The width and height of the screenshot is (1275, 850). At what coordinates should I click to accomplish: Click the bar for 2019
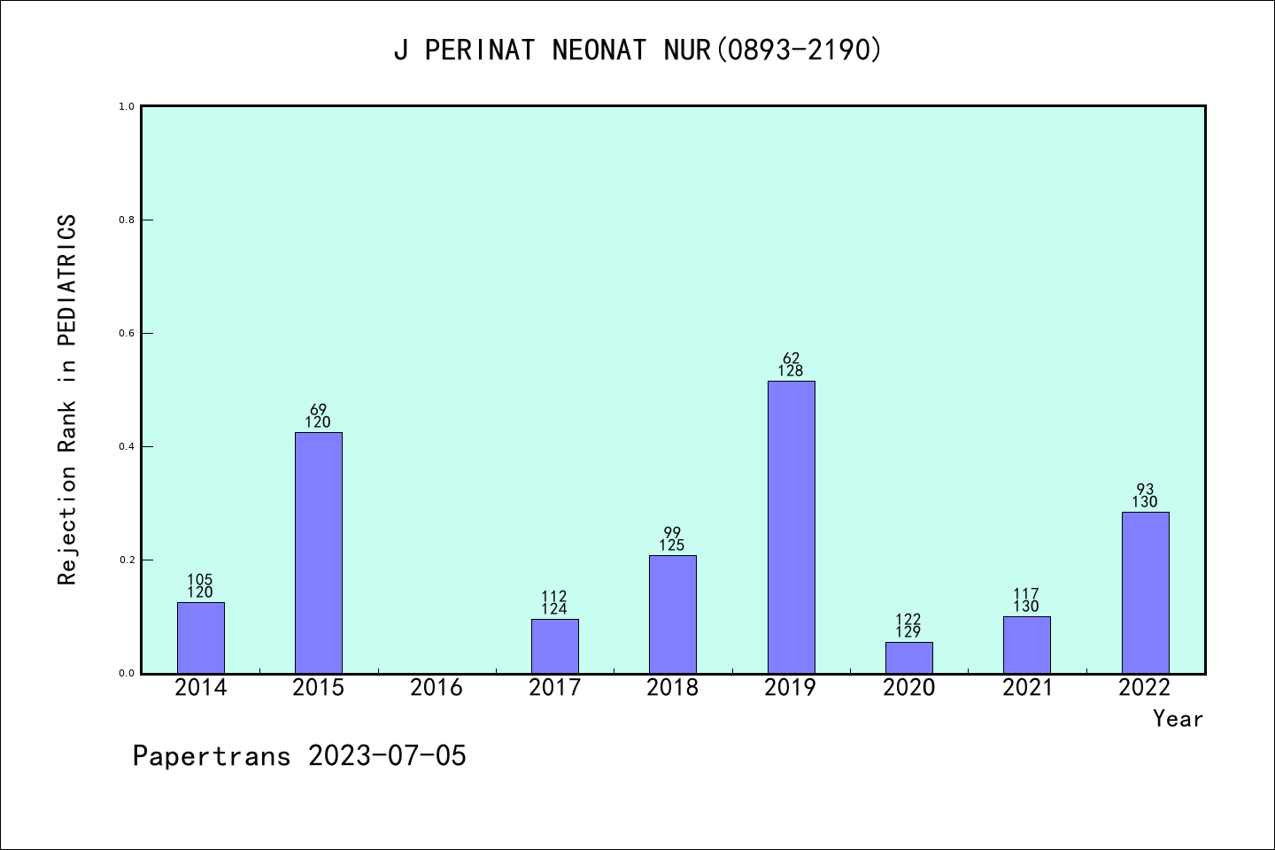click(791, 527)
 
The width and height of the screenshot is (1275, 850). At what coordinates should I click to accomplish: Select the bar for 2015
click(318, 552)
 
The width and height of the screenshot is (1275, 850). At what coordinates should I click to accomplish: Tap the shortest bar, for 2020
click(908, 658)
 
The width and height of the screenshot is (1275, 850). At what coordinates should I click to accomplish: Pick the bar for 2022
click(1145, 592)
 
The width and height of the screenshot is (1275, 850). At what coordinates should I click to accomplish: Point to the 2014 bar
click(200, 637)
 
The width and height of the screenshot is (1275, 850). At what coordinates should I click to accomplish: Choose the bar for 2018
click(672, 614)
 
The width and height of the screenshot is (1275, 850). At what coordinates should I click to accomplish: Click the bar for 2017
click(554, 646)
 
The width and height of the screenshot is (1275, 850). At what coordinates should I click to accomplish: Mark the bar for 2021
click(1026, 645)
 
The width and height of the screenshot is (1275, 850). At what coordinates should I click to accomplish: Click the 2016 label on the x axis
click(437, 688)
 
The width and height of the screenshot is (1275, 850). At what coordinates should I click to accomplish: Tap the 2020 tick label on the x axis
click(908, 688)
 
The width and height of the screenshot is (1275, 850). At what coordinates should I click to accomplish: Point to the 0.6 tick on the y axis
click(127, 334)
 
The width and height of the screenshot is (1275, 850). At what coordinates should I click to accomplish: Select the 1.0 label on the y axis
click(127, 107)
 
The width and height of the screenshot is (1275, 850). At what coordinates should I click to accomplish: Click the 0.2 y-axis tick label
click(127, 560)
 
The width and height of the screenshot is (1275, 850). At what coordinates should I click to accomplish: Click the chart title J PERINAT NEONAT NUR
click(637, 50)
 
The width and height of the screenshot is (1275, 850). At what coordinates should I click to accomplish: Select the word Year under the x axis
click(1178, 719)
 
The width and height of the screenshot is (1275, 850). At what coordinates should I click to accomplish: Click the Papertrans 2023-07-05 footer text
click(299, 756)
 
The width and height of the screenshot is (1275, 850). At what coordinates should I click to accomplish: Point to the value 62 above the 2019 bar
click(791, 359)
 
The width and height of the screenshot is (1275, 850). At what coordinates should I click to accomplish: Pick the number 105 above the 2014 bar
click(200, 580)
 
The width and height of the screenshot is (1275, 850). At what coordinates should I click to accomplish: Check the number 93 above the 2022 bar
click(1145, 490)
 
